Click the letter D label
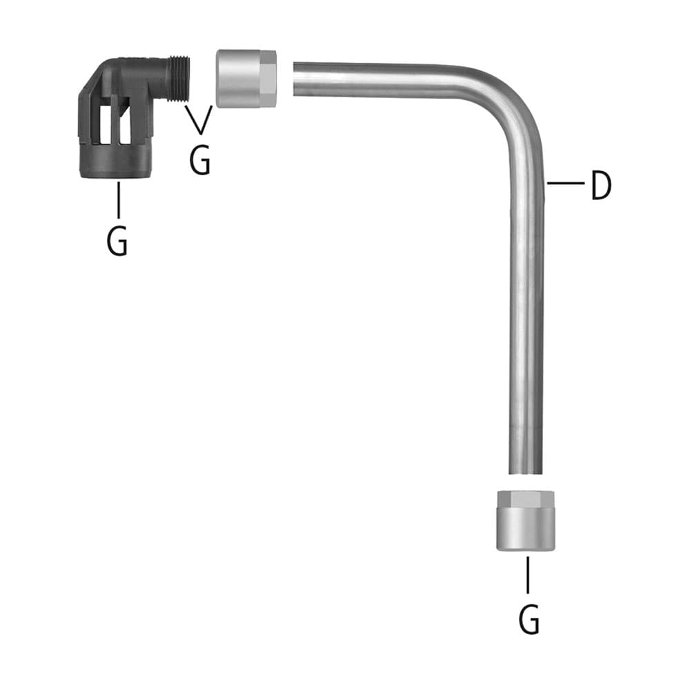(x=601, y=185)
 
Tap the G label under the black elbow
(x=117, y=240)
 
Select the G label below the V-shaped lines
(x=200, y=160)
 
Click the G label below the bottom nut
(x=529, y=619)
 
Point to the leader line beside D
(x=566, y=182)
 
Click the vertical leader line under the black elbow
(x=119, y=200)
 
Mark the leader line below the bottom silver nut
(x=528, y=575)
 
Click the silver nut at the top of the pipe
(x=246, y=79)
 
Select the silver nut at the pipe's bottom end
(x=526, y=520)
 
